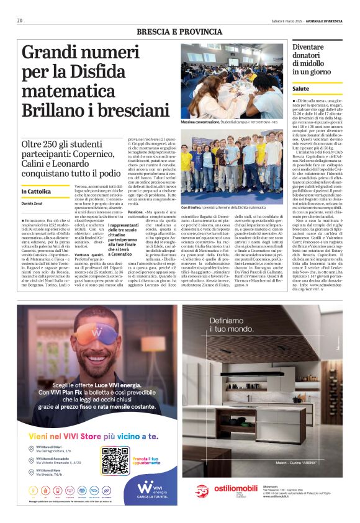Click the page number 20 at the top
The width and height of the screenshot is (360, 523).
[x=20, y=20]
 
